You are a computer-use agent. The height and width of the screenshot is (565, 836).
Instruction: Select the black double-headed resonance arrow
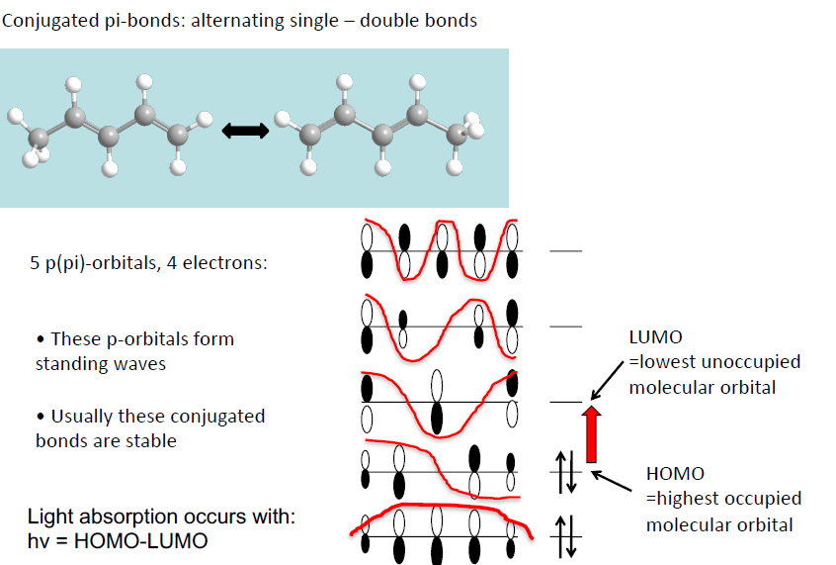[246, 131]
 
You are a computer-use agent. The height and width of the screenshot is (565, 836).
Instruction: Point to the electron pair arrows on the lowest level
[567, 536]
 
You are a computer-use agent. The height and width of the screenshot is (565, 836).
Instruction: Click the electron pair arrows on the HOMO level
[567, 472]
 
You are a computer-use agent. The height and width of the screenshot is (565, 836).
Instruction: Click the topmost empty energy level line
[566, 250]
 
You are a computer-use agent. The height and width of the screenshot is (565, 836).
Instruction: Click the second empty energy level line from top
[566, 327]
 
